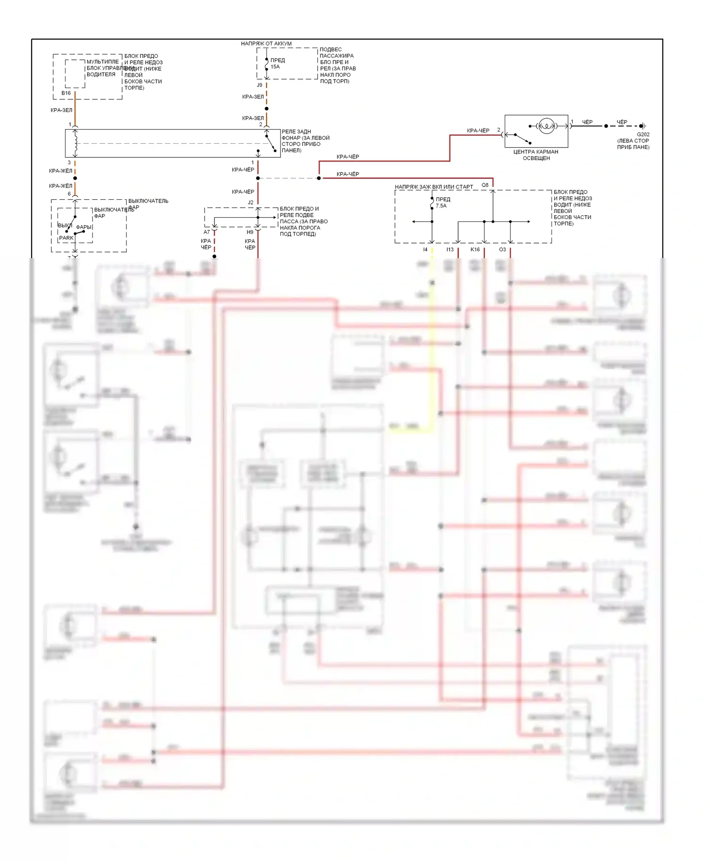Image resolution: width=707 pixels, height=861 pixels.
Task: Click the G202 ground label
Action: [x=643, y=134]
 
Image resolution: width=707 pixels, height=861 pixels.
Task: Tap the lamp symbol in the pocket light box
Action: [x=546, y=126]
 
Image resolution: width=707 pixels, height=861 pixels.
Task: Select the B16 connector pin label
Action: [x=66, y=93]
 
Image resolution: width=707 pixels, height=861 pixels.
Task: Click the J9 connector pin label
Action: [x=259, y=85]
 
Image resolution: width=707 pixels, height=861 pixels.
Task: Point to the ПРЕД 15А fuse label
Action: [x=277, y=63]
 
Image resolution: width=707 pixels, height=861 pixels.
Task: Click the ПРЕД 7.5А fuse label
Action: [x=443, y=203]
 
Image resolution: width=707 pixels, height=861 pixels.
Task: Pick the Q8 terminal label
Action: [x=485, y=185]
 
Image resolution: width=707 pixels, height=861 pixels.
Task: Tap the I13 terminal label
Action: [x=450, y=250]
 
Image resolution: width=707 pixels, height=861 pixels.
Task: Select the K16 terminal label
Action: [x=475, y=250]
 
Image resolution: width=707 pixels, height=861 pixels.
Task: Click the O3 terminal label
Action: [x=502, y=250]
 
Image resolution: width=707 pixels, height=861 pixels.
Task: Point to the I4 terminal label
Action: [x=425, y=250]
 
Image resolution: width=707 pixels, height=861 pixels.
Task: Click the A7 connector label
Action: [x=206, y=232]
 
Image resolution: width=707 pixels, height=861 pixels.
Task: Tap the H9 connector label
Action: [x=250, y=232]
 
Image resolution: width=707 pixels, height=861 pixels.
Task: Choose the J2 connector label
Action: [x=251, y=203]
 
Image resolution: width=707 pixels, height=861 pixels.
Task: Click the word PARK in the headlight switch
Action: [x=66, y=238]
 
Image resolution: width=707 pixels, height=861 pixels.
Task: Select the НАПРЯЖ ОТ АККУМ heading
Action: [x=266, y=44]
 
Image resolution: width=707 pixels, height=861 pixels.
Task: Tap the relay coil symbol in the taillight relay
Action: [x=75, y=143]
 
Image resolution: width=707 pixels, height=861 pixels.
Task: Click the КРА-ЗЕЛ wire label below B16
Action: [x=61, y=110]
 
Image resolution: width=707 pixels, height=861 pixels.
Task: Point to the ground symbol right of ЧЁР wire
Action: [x=643, y=126]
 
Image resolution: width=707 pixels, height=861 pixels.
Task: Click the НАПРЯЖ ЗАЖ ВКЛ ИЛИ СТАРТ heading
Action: [x=434, y=187]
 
